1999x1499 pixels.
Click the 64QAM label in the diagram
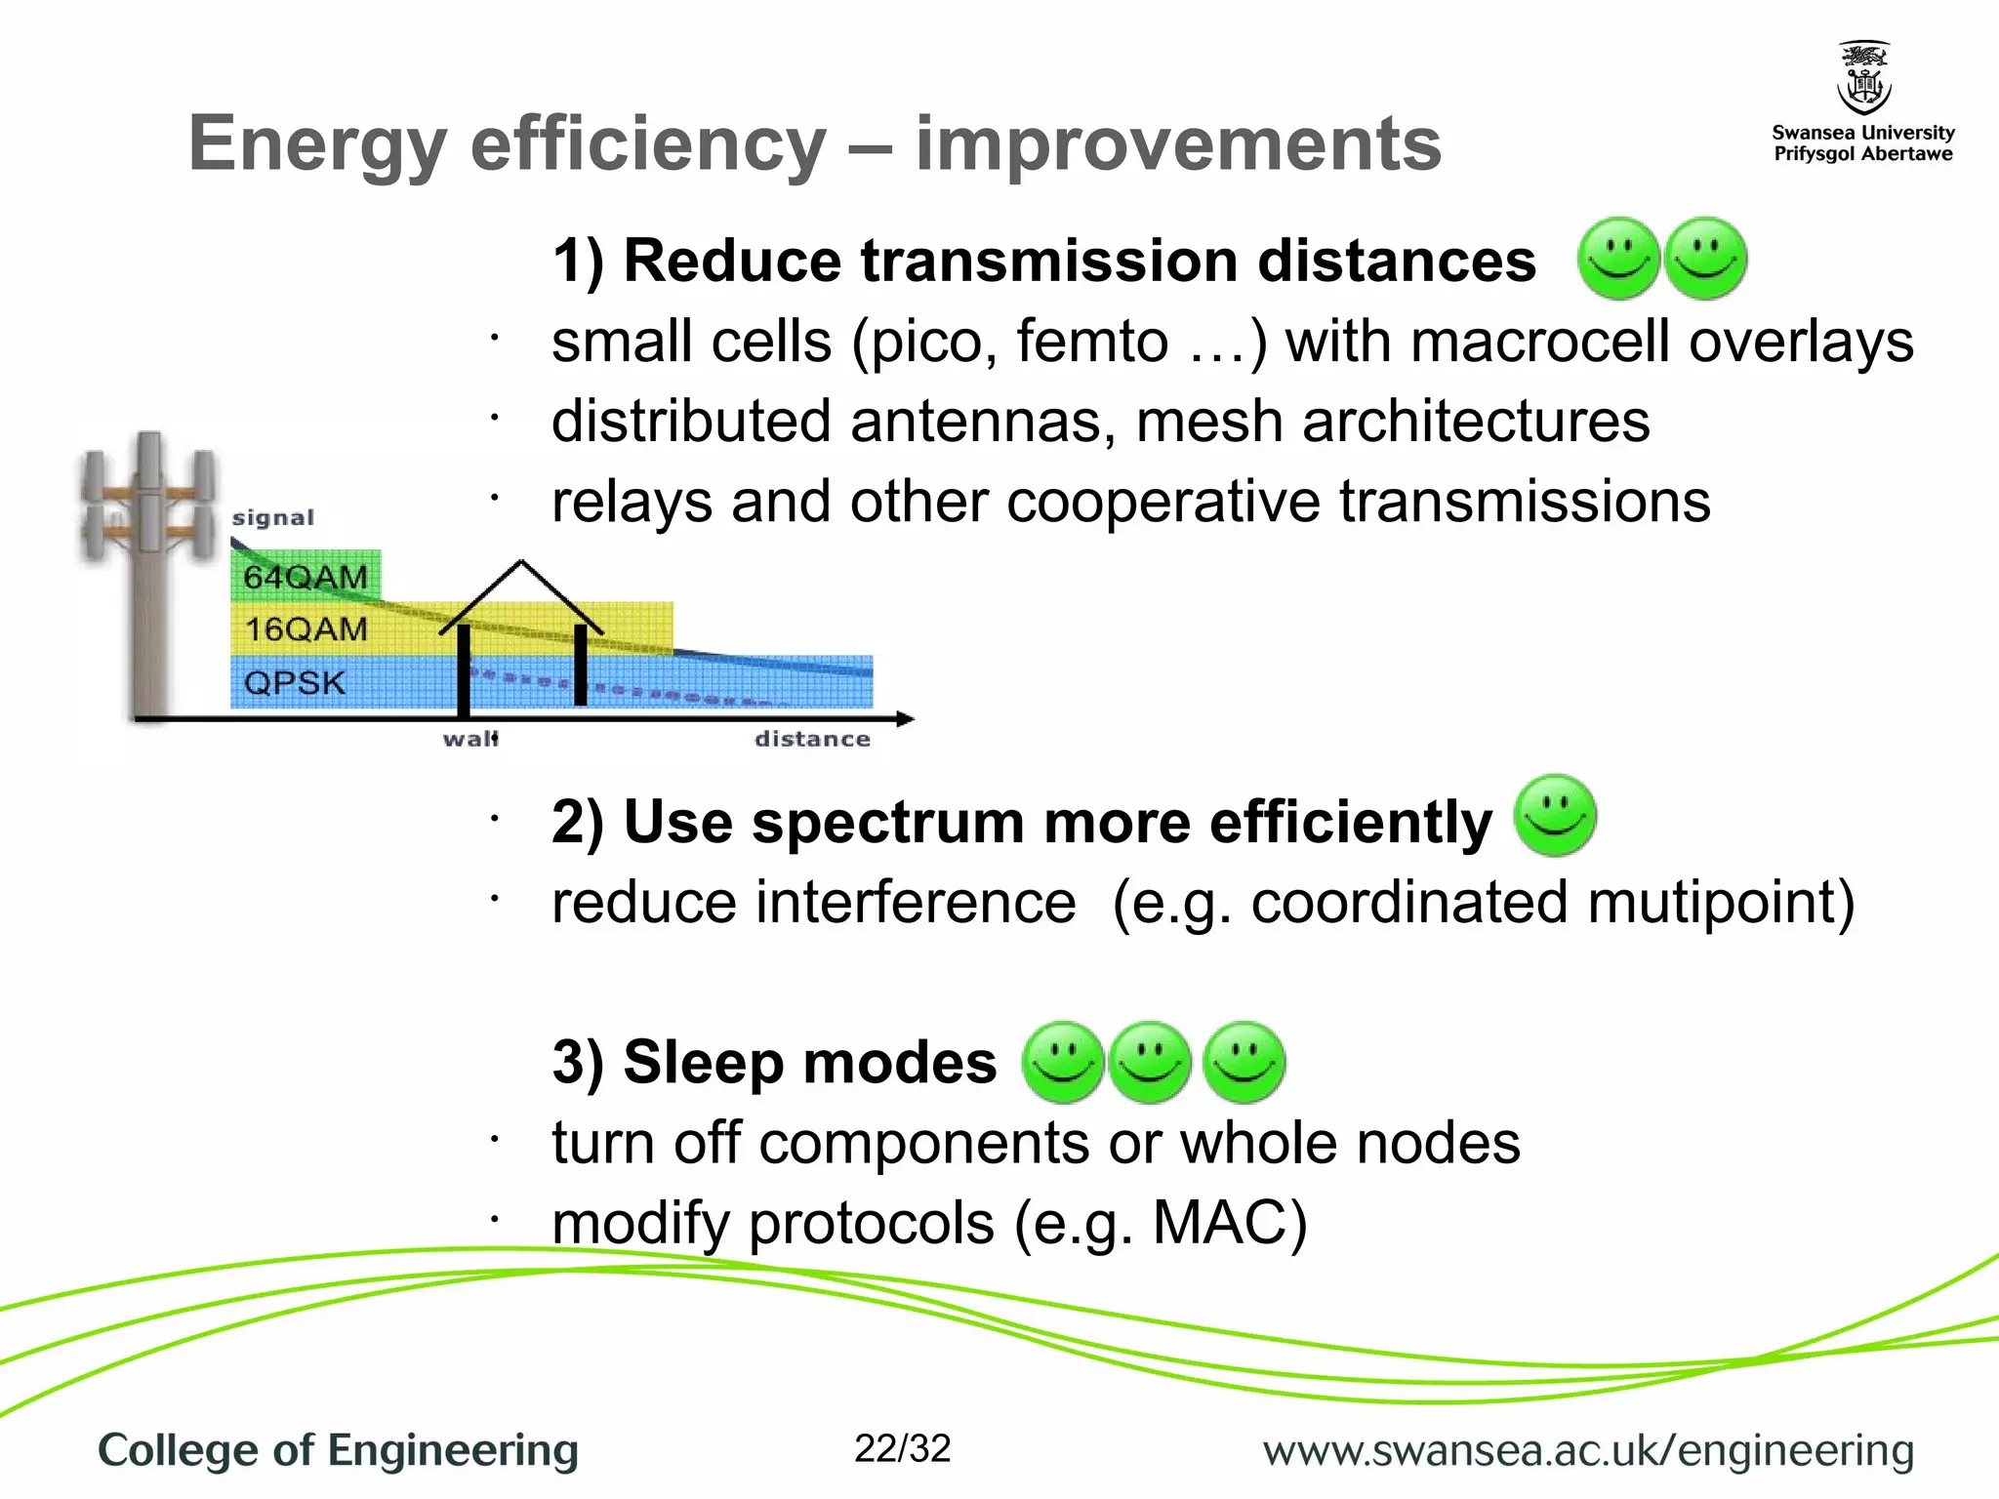[x=306, y=577]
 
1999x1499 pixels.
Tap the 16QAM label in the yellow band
[x=306, y=629]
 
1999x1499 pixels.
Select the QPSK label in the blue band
[x=295, y=682]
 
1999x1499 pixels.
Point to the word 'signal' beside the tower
[x=273, y=518]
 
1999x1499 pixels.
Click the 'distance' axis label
[x=812, y=739]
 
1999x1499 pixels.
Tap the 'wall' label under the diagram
[x=470, y=739]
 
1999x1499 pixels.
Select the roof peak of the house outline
[x=521, y=564]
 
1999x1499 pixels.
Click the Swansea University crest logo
[x=1863, y=78]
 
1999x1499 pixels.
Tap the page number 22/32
[x=902, y=1449]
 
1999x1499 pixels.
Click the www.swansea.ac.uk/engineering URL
[x=1588, y=1450]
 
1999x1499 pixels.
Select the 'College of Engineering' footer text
[x=338, y=1450]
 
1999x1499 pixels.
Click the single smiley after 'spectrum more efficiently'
[x=1555, y=816]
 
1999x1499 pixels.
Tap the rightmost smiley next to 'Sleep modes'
[x=1244, y=1063]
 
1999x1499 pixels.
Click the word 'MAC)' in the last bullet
[x=1229, y=1222]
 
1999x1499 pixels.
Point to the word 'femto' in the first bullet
[x=1091, y=342]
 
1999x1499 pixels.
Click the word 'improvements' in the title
[x=1177, y=144]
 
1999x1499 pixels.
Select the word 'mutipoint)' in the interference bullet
[x=1721, y=902]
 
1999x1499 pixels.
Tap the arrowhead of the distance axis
[x=907, y=719]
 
